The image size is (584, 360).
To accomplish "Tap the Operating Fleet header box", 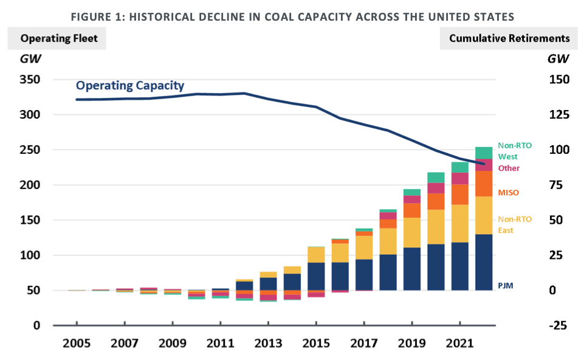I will (x=57, y=38).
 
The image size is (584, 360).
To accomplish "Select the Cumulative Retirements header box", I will (x=509, y=38).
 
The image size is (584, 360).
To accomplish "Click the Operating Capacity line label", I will (x=130, y=86).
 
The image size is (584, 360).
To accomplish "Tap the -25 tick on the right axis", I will (x=558, y=325).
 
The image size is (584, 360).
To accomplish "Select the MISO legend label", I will (x=509, y=193).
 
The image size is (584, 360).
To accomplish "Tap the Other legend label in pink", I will (x=509, y=168).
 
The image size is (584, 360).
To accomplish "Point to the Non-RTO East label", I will (x=514, y=225).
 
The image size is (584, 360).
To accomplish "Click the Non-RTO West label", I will (x=514, y=151).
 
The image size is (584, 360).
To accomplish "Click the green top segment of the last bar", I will (x=484, y=153).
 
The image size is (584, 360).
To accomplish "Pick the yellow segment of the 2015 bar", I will (x=316, y=254).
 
